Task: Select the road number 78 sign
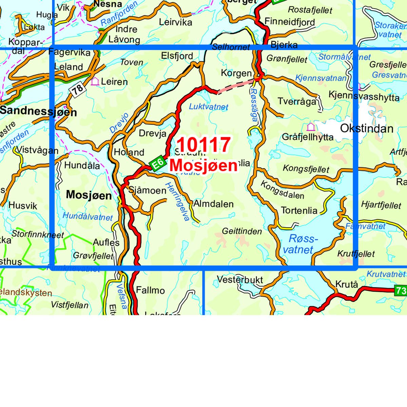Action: (x=77, y=89)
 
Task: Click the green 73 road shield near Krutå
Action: (x=401, y=290)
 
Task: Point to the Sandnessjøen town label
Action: (x=38, y=111)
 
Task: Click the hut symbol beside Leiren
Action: (x=95, y=81)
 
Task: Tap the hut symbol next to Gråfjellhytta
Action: (x=310, y=127)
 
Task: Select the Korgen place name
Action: (x=236, y=73)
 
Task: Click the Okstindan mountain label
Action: (x=366, y=129)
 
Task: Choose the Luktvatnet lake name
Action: (x=209, y=107)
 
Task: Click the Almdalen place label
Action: (x=213, y=204)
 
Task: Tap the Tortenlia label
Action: (x=299, y=211)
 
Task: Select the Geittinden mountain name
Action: (x=242, y=231)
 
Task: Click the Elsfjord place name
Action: (x=177, y=56)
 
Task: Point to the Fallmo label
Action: (x=150, y=290)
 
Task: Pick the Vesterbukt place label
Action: (x=240, y=280)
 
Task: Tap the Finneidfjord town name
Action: (x=290, y=22)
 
